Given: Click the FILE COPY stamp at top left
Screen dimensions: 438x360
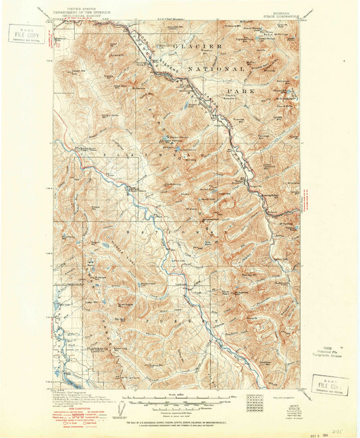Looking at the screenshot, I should [24, 33].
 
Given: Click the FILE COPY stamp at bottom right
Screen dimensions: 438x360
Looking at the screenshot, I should [330, 383].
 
